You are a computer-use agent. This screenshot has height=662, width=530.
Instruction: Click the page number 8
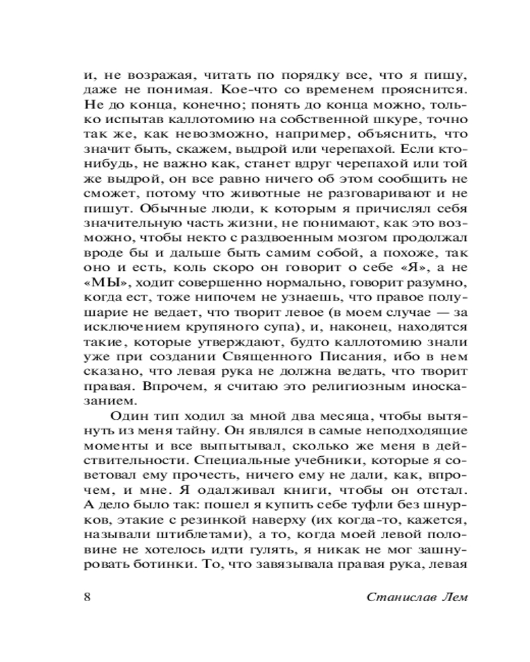point(87,597)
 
